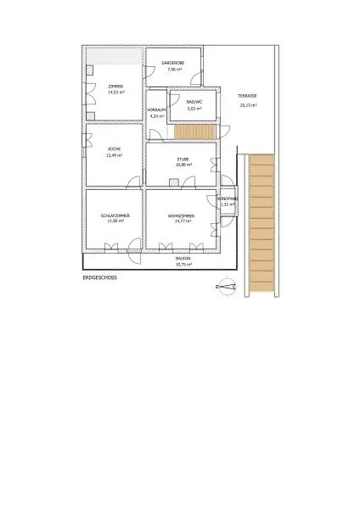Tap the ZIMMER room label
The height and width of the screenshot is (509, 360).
click(x=114, y=86)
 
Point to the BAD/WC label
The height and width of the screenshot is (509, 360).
click(x=194, y=102)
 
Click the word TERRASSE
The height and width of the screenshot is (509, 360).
click(x=247, y=98)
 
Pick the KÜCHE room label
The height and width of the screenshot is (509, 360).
click(x=114, y=150)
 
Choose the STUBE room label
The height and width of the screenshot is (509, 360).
click(x=183, y=159)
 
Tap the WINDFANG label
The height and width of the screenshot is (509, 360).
click(x=227, y=199)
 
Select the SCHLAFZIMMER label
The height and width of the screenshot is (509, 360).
click(x=114, y=216)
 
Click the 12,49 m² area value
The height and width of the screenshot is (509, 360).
click(x=114, y=156)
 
